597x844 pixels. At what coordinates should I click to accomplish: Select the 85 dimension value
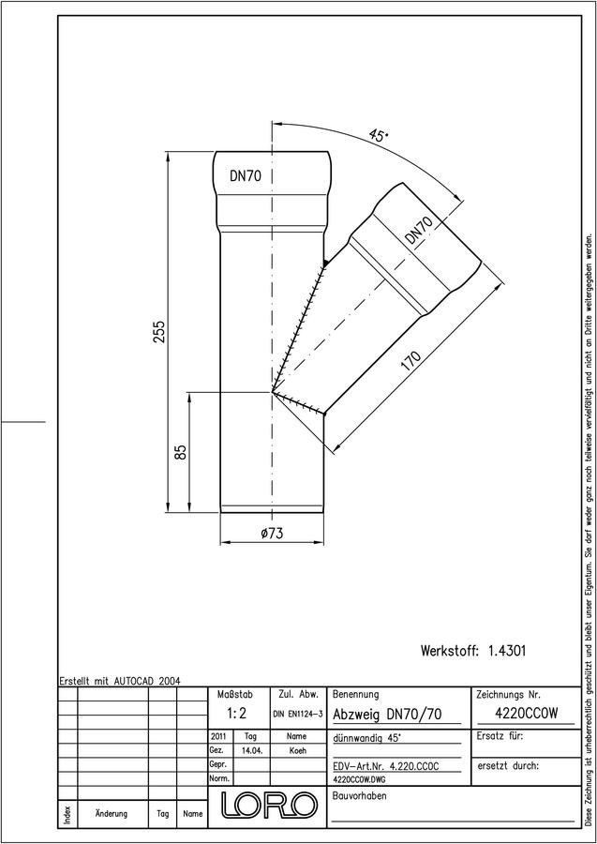(181, 452)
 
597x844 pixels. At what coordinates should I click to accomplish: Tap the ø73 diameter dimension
(272, 534)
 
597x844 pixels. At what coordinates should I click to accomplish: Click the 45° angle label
(378, 135)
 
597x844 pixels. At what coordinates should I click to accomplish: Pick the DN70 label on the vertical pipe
(246, 176)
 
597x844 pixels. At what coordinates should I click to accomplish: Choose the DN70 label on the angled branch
(418, 231)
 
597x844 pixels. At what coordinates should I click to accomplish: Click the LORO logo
(270, 806)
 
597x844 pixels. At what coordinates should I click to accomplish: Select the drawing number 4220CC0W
(526, 714)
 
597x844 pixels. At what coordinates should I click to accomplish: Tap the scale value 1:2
(236, 714)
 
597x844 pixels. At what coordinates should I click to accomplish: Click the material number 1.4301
(507, 651)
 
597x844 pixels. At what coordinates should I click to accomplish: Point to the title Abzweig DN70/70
(387, 715)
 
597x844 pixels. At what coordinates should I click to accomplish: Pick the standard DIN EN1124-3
(298, 715)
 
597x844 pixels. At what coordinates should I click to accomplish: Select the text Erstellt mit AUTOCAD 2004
(120, 681)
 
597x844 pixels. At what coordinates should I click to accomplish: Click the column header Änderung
(112, 813)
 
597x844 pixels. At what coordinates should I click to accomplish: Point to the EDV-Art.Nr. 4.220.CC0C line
(386, 766)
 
